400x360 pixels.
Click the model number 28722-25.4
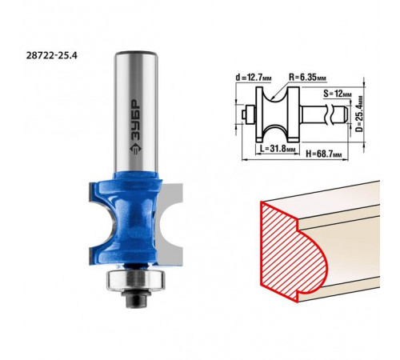click(51, 55)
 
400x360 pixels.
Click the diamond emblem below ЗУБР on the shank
click(136, 149)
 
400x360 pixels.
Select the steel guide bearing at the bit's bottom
click(135, 280)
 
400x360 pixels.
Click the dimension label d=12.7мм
click(254, 78)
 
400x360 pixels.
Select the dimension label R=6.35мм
click(308, 78)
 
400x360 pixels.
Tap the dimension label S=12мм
click(338, 94)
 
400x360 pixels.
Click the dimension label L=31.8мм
click(278, 149)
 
